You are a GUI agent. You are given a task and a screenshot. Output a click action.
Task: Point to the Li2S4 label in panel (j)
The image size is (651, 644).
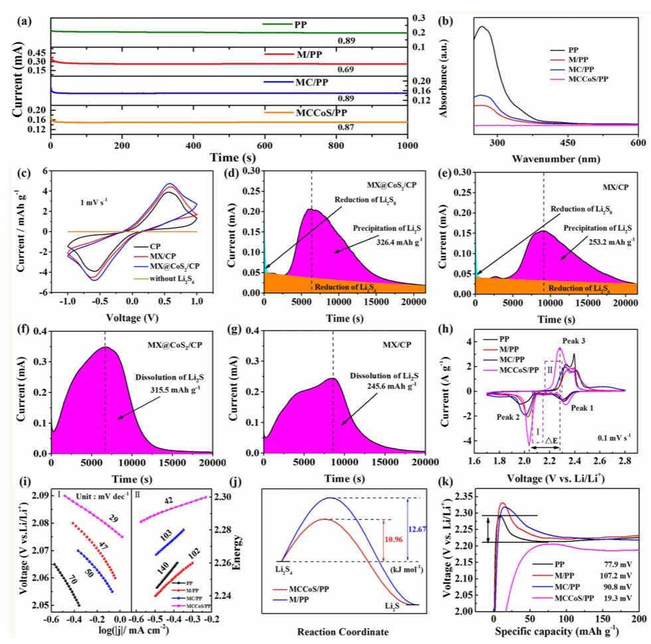pyautogui.click(x=283, y=570)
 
